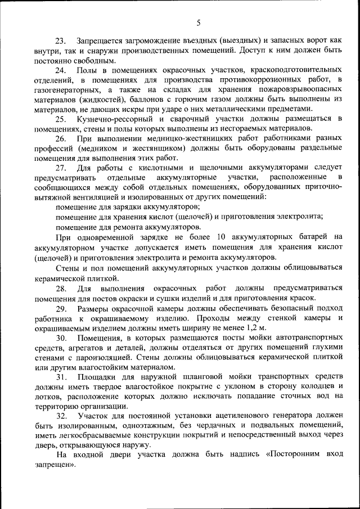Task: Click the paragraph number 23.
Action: point(60,41)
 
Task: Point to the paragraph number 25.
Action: point(60,119)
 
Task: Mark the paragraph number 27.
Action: point(60,168)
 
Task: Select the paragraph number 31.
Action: point(60,377)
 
